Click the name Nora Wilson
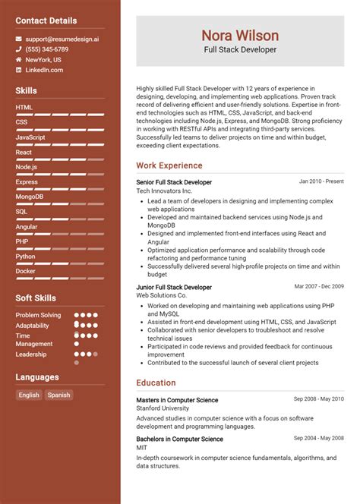[x=240, y=36]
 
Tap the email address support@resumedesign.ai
[x=62, y=38]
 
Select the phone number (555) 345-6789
[x=47, y=49]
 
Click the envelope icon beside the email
[x=18, y=38]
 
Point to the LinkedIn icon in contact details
[x=18, y=70]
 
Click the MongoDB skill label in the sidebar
[x=30, y=197]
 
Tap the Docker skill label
[x=25, y=271]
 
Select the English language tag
[x=29, y=395]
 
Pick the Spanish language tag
[x=58, y=395]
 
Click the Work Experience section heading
[x=170, y=165]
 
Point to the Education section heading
[x=156, y=383]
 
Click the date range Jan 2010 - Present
[x=321, y=182]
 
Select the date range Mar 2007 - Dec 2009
[x=319, y=287]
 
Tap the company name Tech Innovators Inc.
[x=164, y=191]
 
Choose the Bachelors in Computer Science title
[x=179, y=439]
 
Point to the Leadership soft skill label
[x=31, y=354]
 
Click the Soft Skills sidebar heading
[x=36, y=298]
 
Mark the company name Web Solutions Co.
[x=162, y=296]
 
